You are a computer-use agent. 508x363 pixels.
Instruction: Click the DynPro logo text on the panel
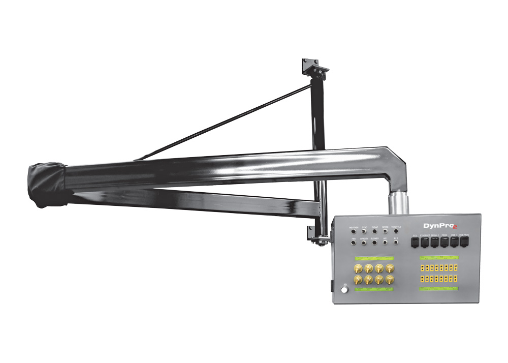click(437, 225)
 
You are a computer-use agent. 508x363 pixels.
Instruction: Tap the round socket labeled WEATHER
click(354, 231)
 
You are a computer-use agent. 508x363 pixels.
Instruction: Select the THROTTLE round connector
click(396, 231)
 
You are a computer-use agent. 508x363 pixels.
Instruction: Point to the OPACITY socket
click(364, 243)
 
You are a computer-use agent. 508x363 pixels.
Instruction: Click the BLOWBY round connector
click(375, 243)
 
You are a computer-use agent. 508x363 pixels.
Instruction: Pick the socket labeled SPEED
click(385, 231)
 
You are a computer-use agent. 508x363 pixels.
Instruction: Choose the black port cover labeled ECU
click(415, 243)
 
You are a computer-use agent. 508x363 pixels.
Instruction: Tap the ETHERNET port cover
click(425, 243)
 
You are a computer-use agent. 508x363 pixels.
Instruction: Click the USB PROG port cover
click(464, 243)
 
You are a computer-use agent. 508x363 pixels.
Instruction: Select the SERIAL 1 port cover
click(434, 243)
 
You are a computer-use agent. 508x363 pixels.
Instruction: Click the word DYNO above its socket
click(364, 227)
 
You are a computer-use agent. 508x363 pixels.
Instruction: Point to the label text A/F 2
click(396, 238)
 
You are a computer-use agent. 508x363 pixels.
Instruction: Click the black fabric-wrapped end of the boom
click(47, 186)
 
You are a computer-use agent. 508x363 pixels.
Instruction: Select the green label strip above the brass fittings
click(375, 258)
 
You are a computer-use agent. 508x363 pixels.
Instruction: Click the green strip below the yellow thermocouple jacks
click(438, 289)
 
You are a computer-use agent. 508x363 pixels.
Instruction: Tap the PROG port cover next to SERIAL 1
click(444, 243)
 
